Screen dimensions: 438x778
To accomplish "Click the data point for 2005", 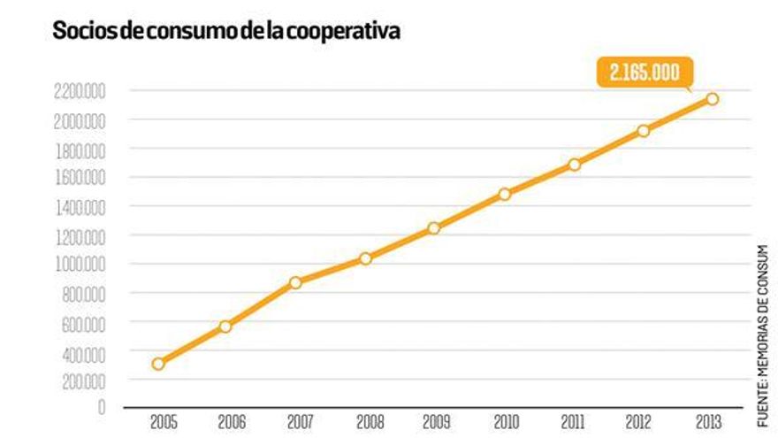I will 158,364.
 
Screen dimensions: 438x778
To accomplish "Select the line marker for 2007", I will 296,282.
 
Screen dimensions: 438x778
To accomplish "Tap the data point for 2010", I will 505,194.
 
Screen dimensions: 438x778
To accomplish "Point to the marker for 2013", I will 713,98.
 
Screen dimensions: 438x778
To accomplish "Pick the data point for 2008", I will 365,258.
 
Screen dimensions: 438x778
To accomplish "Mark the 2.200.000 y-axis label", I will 79,90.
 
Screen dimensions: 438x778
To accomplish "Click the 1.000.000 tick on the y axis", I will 79,264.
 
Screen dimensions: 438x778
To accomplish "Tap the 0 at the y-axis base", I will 102,408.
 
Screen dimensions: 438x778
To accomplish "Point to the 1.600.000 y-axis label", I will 79,177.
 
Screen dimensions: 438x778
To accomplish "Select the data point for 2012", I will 644,131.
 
